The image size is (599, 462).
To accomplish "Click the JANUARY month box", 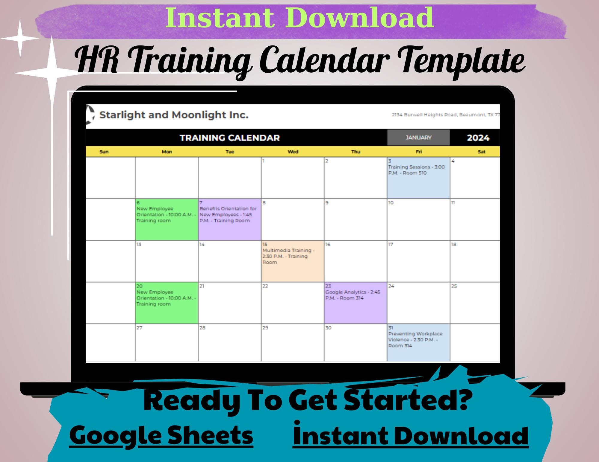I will click(418, 138).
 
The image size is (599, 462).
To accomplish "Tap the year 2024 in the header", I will click(478, 138).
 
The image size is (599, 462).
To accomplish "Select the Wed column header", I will click(293, 152).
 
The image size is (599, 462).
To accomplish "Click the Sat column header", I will click(481, 152).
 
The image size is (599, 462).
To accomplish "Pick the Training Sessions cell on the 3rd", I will click(418, 178).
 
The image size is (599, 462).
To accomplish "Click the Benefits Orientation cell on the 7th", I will click(229, 219).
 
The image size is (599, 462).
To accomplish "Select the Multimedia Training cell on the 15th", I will click(292, 261).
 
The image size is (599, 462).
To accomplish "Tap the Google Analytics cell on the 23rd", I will click(355, 303).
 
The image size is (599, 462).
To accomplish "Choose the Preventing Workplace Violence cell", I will click(418, 342).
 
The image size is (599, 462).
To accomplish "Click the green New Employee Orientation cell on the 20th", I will click(167, 303).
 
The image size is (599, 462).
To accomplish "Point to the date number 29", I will click(265, 328).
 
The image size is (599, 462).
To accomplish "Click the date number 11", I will click(453, 203).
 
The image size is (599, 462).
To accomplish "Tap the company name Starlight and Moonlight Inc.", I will click(174, 115).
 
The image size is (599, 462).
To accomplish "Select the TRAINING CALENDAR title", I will click(230, 138).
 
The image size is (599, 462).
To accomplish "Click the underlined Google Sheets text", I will click(161, 435).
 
